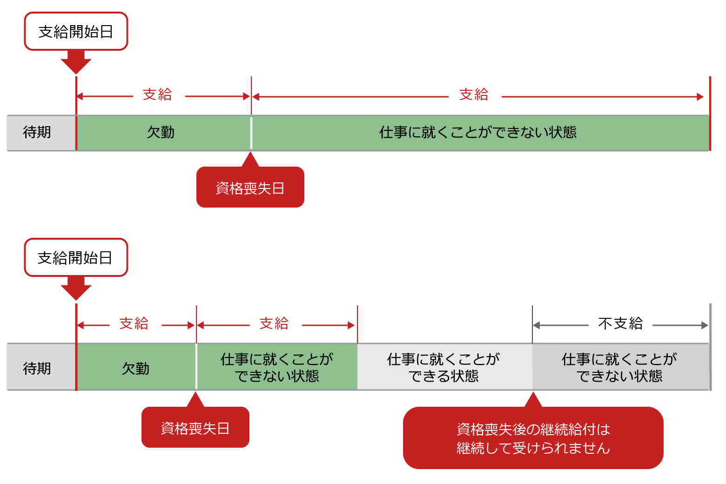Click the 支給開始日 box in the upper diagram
click(x=76, y=32)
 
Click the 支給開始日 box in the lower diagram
click(x=76, y=258)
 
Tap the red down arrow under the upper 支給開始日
click(x=76, y=62)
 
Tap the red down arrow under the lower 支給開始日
click(x=76, y=289)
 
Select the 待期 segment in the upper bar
click(x=37, y=133)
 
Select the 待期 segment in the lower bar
click(x=37, y=369)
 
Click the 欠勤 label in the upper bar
click(x=161, y=133)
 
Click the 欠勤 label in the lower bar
click(x=135, y=369)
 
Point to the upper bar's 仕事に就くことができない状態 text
click(x=477, y=133)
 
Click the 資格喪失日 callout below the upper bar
click(x=250, y=188)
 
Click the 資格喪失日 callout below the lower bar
click(x=195, y=428)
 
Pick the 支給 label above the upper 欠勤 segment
click(x=157, y=94)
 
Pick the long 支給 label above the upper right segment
click(x=474, y=94)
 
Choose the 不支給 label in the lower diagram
click(x=620, y=323)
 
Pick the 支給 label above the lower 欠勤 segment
click(x=134, y=323)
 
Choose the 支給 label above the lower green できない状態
click(x=274, y=323)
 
